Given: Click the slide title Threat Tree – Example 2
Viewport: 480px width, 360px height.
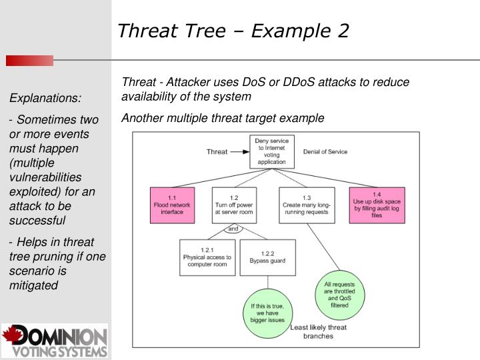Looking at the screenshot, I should [233, 31].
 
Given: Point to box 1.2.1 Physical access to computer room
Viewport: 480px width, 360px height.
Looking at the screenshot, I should [207, 257].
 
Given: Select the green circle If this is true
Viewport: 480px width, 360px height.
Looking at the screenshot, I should [267, 312].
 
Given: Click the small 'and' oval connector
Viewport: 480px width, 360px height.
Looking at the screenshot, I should [233, 229].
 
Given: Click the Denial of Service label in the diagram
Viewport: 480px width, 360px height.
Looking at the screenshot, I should [325, 152].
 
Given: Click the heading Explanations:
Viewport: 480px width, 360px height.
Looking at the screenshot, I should [45, 98].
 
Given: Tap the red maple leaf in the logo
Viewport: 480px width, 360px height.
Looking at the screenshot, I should [13, 334].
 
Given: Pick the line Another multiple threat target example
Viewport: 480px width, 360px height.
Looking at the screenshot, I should [223, 118].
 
